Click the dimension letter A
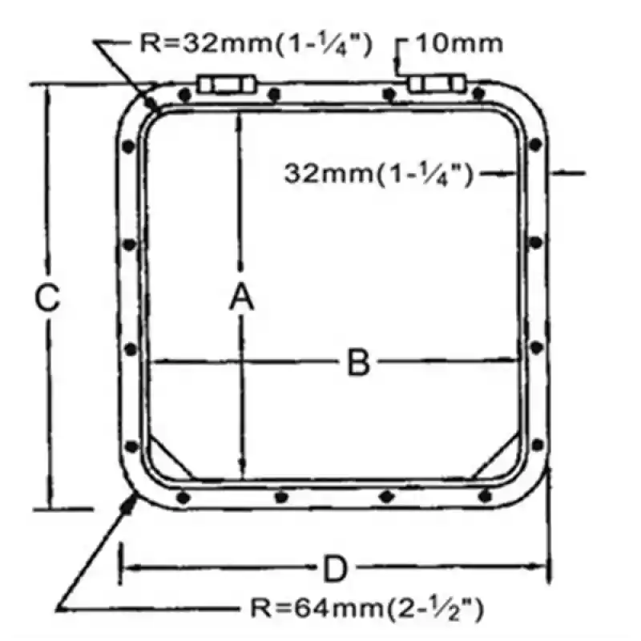[242, 298]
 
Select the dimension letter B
[358, 362]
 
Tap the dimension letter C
[47, 298]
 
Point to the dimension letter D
[335, 568]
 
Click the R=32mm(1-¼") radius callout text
[256, 44]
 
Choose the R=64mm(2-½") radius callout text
[367, 609]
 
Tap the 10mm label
[459, 43]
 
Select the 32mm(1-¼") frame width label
[378, 174]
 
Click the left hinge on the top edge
[227, 85]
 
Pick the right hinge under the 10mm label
[437, 84]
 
